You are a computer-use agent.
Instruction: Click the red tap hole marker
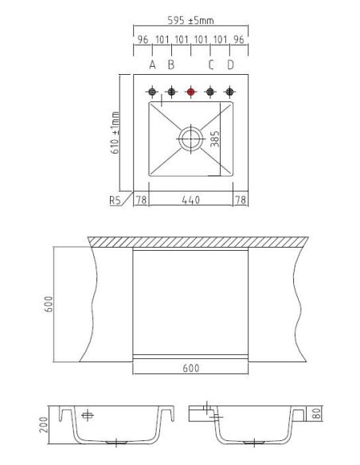190,92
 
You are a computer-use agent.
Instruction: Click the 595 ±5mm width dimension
190,21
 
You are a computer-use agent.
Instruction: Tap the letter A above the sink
152,64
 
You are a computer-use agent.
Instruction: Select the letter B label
171,64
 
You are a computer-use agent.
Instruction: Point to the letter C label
211,64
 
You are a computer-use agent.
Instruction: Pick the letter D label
230,64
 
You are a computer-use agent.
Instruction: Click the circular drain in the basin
190,139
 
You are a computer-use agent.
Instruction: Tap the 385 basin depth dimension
215,139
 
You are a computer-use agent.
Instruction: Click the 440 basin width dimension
190,200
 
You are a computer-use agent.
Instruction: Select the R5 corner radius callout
115,201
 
